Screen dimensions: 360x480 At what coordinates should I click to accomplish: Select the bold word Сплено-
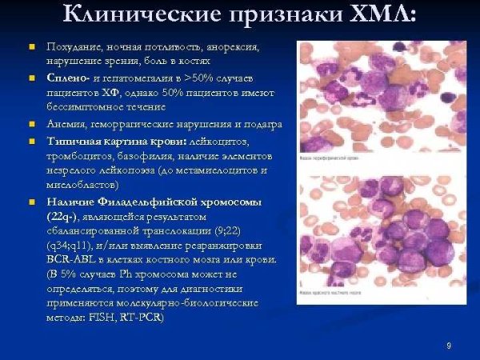click(67, 78)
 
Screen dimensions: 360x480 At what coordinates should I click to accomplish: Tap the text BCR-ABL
click(71, 260)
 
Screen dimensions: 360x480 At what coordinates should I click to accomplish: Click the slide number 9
click(449, 345)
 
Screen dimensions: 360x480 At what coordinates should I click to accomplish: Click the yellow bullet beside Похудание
click(33, 49)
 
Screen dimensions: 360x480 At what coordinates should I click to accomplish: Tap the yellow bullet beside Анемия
click(33, 124)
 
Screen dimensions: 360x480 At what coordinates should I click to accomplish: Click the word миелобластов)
click(80, 184)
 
